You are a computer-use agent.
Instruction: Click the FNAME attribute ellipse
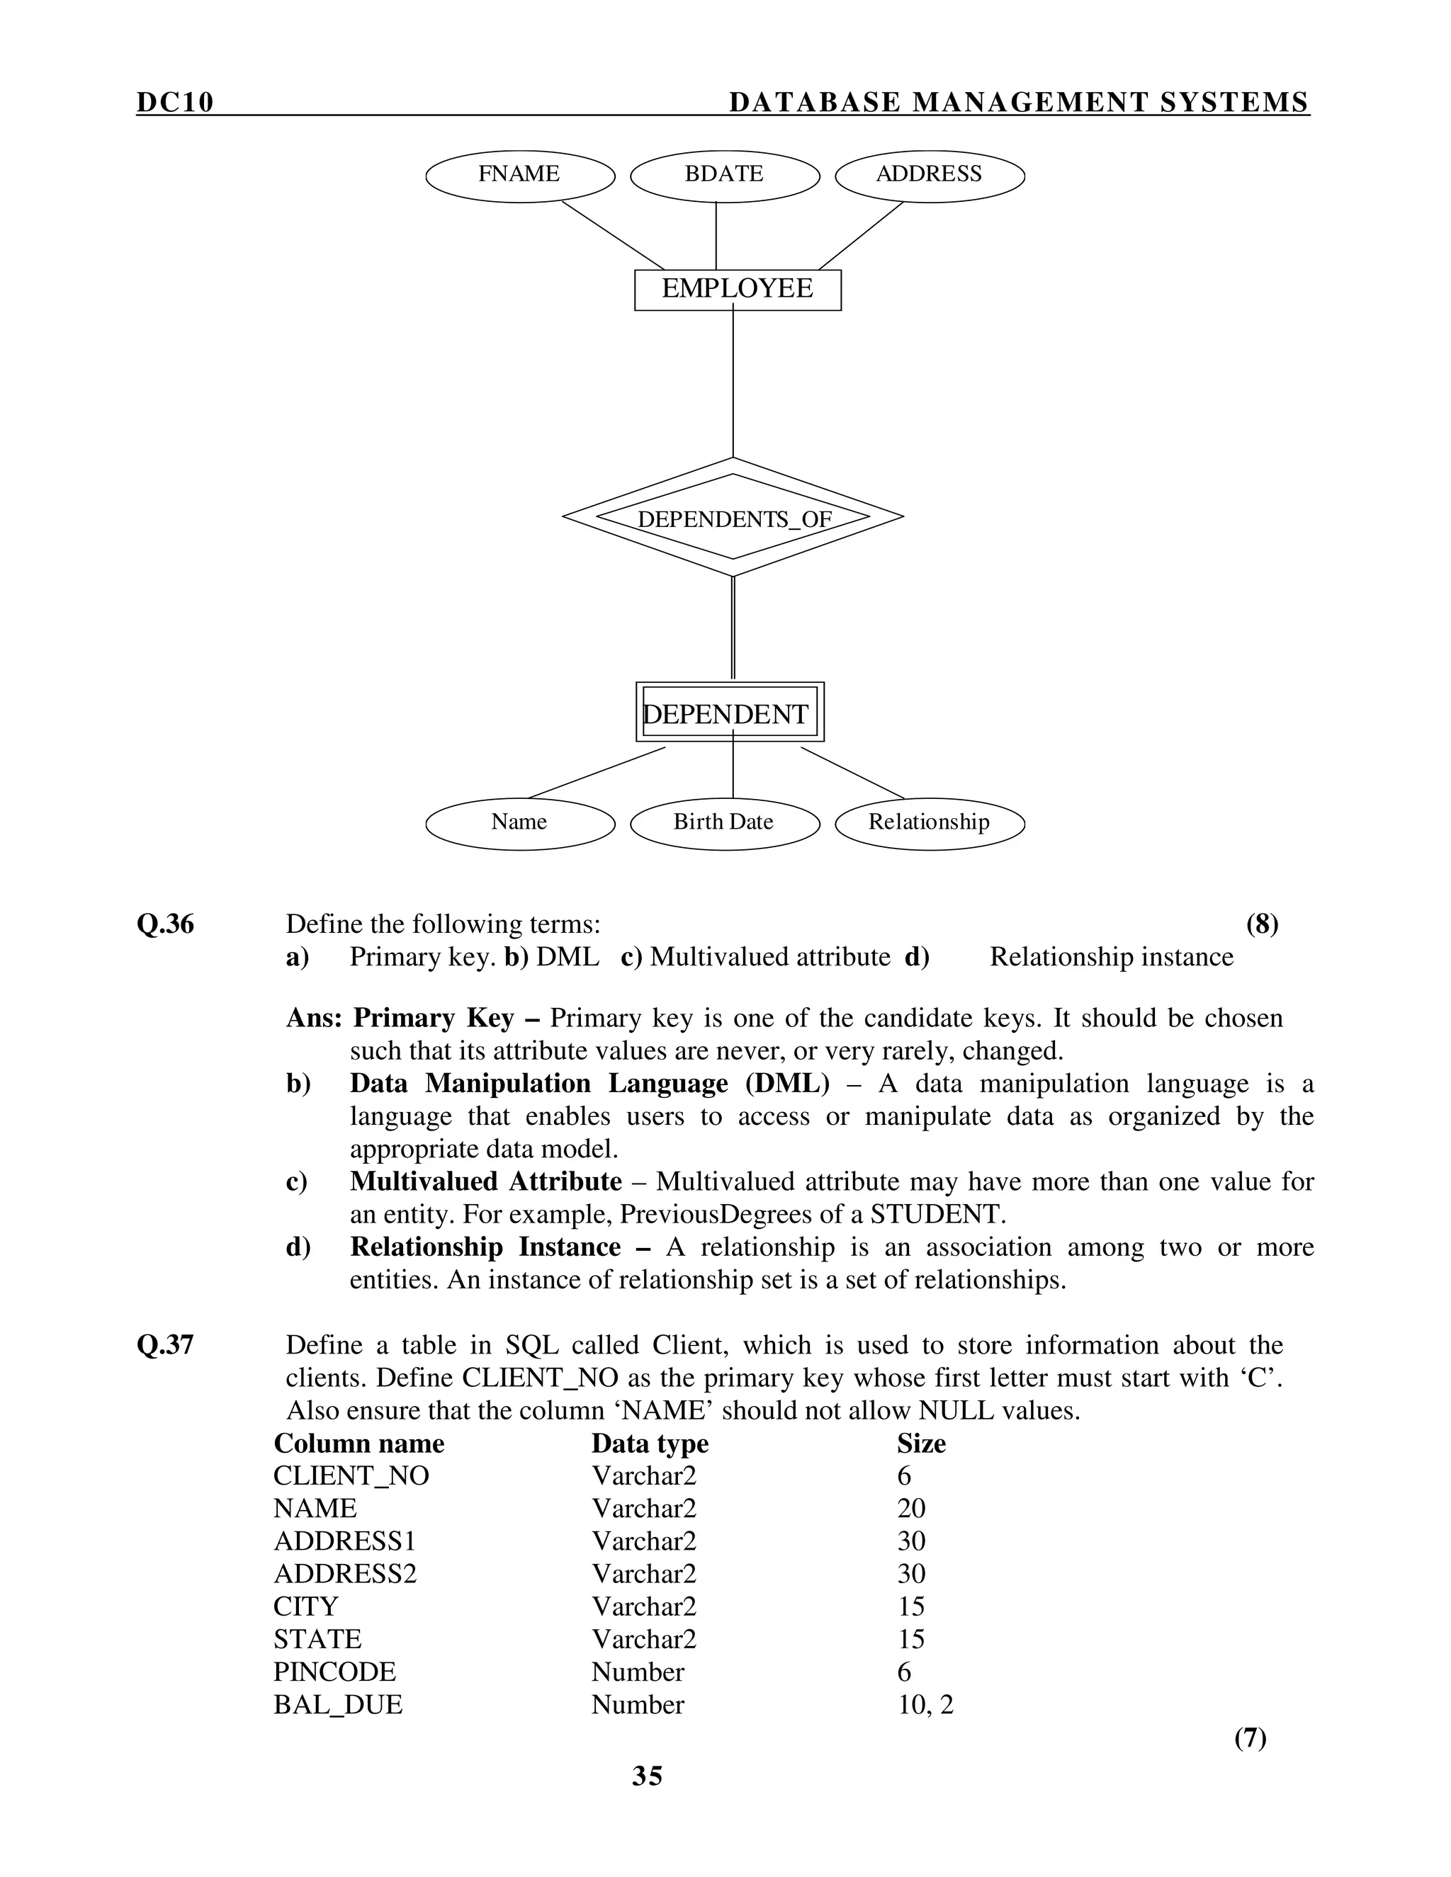[x=520, y=176]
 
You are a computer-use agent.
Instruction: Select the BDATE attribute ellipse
[x=725, y=176]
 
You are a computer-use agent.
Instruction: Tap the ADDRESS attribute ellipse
[x=930, y=176]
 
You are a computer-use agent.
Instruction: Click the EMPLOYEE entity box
[x=737, y=290]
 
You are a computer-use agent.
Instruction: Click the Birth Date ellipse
[x=725, y=823]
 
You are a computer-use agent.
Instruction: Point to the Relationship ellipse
[x=930, y=823]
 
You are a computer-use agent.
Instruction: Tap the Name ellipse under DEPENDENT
[x=520, y=823]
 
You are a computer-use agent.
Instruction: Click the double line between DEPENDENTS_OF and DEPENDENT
[x=733, y=628]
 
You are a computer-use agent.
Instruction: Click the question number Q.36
[x=165, y=925]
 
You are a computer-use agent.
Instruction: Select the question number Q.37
[x=165, y=1345]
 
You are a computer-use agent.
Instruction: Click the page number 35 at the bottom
[x=648, y=1776]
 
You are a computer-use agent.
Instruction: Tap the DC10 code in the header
[x=174, y=102]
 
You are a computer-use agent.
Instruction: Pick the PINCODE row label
[x=334, y=1672]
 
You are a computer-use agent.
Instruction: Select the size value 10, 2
[x=925, y=1705]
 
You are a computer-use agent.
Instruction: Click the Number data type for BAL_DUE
[x=637, y=1705]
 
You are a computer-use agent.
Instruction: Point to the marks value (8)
[x=1261, y=925]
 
